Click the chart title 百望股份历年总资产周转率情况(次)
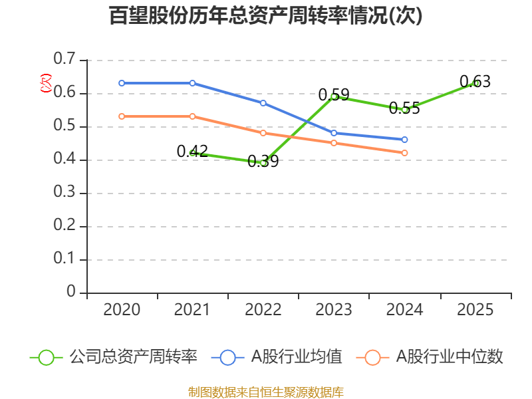coord(266,16)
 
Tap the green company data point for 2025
coord(475,83)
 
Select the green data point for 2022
coord(263,162)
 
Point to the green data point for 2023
coord(334,96)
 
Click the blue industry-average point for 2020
coord(122,83)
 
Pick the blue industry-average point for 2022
coord(263,103)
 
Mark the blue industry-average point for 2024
coord(405,140)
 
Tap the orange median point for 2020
coord(122,116)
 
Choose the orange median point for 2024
coord(405,153)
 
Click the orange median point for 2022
coord(263,133)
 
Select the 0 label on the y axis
coord(71,293)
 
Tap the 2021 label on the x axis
coord(192,310)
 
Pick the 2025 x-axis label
coord(475,310)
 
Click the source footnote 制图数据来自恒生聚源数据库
coord(266,392)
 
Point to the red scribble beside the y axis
coord(45,82)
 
